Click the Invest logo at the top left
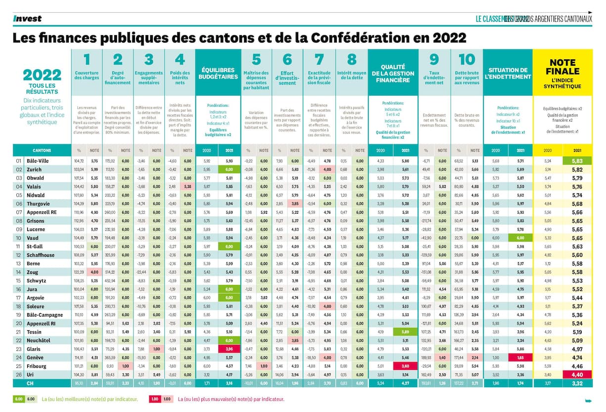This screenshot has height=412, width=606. click(27, 19)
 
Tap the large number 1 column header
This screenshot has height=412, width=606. click(87, 60)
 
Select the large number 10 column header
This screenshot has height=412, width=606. click(466, 60)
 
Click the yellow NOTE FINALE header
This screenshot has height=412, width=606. click(562, 74)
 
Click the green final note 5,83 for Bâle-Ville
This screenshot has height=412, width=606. click(577, 161)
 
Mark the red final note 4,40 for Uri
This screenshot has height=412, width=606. click(577, 374)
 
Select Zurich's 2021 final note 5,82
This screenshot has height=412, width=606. click(577, 170)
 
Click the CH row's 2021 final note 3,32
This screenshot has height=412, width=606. click(577, 383)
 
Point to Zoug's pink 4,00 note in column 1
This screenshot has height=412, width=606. click(94, 273)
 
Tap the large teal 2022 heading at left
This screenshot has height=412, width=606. click(42, 75)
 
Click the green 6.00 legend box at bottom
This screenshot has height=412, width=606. click(18, 399)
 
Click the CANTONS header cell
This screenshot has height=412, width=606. click(42, 150)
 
